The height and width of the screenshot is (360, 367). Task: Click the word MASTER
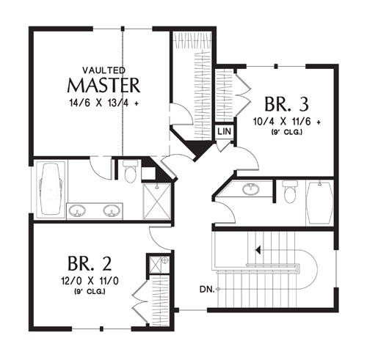(103, 85)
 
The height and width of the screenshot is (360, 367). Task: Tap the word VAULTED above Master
(104, 70)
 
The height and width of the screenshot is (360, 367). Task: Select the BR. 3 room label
(286, 104)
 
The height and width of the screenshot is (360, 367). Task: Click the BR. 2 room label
(90, 263)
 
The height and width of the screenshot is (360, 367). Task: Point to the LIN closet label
(224, 131)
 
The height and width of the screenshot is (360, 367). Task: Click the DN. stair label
(207, 290)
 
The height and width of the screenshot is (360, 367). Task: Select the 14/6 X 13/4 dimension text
(103, 103)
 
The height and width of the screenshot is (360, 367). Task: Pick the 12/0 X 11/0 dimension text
(90, 281)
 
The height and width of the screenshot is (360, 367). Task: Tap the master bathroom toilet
(131, 171)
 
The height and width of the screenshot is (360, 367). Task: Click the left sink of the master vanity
(77, 210)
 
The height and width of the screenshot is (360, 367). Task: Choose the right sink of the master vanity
(112, 210)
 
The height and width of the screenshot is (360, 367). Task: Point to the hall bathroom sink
(251, 188)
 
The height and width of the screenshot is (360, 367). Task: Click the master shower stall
(157, 202)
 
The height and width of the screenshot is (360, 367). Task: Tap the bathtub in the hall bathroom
(320, 203)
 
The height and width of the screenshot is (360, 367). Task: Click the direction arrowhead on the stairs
(257, 250)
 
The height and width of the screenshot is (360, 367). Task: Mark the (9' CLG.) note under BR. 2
(90, 292)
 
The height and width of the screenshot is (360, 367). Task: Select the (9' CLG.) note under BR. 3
(287, 132)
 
